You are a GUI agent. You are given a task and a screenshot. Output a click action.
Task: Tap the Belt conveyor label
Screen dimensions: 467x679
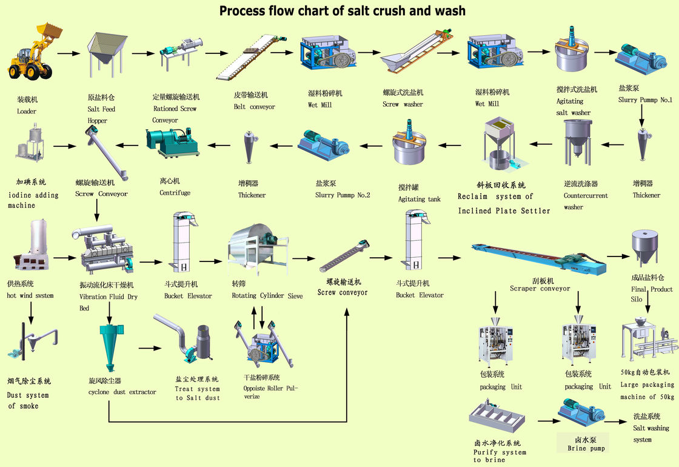click(x=254, y=101)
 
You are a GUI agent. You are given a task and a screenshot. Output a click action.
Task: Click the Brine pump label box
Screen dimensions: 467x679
click(x=586, y=443)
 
